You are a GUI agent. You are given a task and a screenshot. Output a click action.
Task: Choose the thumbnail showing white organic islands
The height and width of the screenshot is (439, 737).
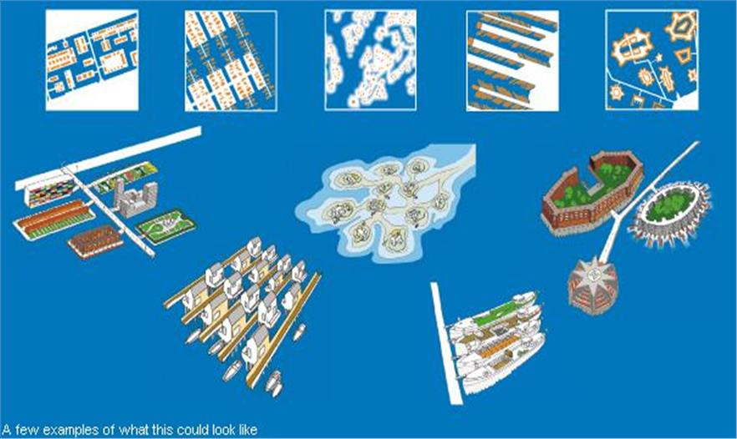(x=370, y=61)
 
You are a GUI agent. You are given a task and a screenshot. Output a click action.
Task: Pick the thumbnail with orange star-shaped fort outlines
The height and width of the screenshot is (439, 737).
(x=652, y=61)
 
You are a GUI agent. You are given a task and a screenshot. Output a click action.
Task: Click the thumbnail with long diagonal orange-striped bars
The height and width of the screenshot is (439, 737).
(x=512, y=61)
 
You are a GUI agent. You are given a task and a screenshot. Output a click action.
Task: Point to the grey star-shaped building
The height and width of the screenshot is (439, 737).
(x=592, y=286)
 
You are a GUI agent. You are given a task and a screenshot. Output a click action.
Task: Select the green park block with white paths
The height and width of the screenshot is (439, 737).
(x=165, y=226)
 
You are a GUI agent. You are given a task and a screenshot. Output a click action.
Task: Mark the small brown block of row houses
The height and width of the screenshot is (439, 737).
(x=95, y=241)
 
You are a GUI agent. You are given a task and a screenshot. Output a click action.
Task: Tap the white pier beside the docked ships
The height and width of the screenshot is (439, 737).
(x=446, y=343)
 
